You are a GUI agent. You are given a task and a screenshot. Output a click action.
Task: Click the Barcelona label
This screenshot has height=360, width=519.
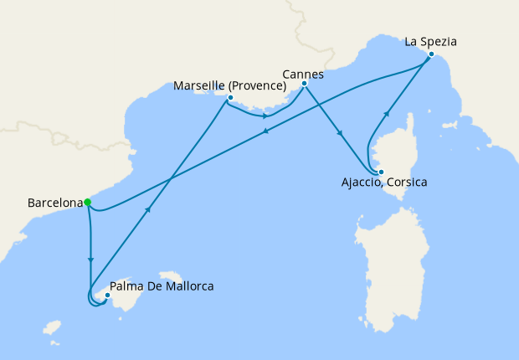(x=55, y=203)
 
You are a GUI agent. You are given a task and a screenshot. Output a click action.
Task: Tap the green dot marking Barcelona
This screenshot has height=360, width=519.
(x=87, y=202)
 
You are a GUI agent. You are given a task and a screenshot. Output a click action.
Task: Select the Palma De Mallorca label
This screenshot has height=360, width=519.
(x=162, y=286)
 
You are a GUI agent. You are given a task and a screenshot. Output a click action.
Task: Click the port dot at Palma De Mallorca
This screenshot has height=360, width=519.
(x=107, y=295)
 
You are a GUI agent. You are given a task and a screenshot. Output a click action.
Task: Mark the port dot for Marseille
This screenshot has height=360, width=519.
(x=229, y=98)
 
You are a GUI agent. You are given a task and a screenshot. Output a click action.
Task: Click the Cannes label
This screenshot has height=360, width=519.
(x=303, y=74)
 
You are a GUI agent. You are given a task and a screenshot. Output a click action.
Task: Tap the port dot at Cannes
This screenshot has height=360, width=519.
(x=304, y=84)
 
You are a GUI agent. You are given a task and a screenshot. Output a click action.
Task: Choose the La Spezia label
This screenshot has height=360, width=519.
(x=432, y=40)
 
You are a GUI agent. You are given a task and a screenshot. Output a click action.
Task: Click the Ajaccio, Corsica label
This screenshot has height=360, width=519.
(x=386, y=182)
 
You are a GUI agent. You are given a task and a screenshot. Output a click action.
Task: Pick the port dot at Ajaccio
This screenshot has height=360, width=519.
(x=380, y=172)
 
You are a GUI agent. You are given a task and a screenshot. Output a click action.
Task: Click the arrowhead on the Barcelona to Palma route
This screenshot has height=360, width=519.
(x=90, y=260)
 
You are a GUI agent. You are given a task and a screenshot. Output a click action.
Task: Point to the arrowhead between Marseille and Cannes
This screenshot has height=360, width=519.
(x=265, y=116)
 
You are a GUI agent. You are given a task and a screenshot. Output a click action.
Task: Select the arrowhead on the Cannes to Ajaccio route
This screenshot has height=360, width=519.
(x=339, y=132)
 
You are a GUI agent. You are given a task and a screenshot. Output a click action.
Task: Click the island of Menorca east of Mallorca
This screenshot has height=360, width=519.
(x=172, y=275)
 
